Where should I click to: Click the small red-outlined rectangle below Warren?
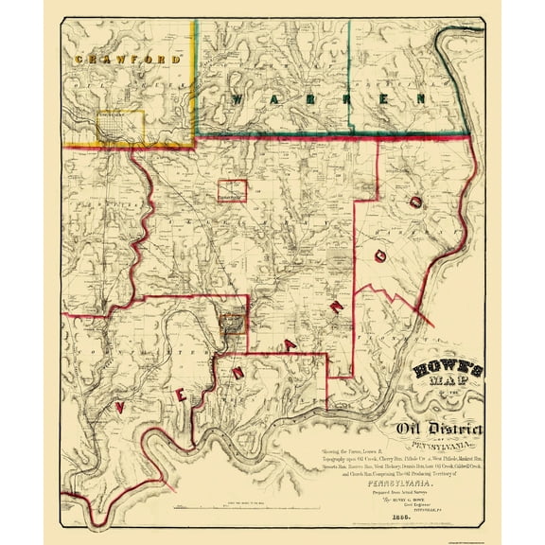tap(232, 190)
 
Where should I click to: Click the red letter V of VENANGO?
tap(120, 407)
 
